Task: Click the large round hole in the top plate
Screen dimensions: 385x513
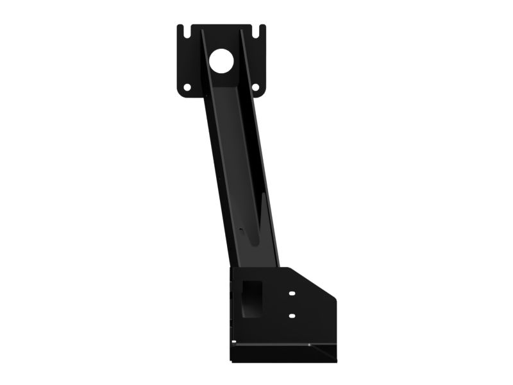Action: [221, 60]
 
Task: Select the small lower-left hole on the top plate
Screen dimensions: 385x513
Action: [187, 87]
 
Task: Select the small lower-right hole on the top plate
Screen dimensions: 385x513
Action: [255, 87]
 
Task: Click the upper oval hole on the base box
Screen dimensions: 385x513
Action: [292, 293]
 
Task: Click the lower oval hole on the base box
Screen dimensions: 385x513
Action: [292, 316]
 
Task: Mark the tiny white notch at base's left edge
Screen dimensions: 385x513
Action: [233, 341]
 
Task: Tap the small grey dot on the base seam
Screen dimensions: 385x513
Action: [309, 345]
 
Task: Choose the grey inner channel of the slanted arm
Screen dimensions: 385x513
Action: [237, 160]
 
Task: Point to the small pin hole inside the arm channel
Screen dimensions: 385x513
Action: [241, 228]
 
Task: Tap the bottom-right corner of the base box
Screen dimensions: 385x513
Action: [335, 360]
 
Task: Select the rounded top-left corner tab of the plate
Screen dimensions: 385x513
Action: [180, 28]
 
